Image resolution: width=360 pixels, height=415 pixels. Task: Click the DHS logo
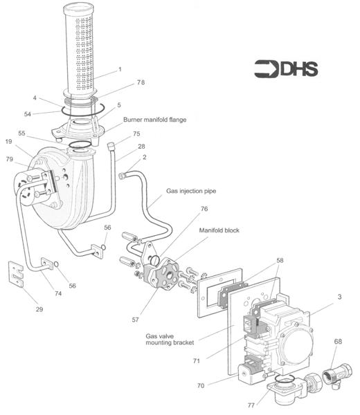pyautogui.click(x=286, y=69)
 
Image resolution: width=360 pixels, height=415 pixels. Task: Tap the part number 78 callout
pyautogui.click(x=141, y=82)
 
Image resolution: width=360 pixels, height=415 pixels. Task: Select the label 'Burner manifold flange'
pyautogui.click(x=154, y=120)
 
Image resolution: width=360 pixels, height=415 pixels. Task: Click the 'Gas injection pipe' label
pyautogui.click(x=191, y=191)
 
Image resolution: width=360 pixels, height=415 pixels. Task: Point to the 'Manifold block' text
pyautogui.click(x=219, y=230)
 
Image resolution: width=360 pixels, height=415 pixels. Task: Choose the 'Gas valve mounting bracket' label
pyautogui.click(x=170, y=340)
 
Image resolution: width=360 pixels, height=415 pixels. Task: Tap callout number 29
pyautogui.click(x=39, y=309)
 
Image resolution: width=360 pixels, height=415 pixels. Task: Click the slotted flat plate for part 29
pyautogui.click(x=16, y=274)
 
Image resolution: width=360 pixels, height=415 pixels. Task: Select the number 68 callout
pyautogui.click(x=338, y=342)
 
